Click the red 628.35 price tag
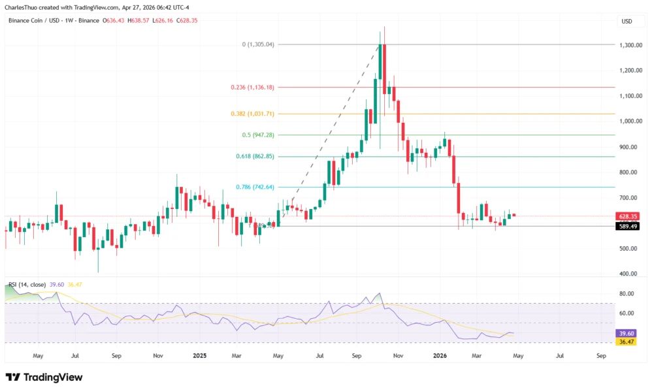[x=628, y=216]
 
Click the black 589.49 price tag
[x=628, y=226]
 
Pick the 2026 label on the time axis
[x=440, y=356]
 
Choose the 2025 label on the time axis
[x=200, y=356]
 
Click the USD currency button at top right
[x=627, y=22]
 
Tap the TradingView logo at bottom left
[x=44, y=378]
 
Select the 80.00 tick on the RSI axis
[x=627, y=294]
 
